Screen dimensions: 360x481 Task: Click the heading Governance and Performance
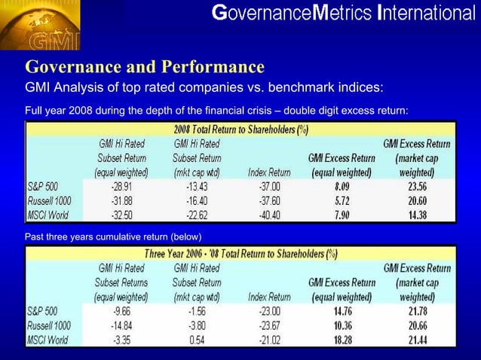point(145,66)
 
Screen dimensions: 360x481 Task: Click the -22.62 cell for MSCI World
point(197,215)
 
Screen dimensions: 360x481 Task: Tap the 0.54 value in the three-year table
point(197,339)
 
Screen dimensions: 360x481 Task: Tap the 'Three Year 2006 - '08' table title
point(240,253)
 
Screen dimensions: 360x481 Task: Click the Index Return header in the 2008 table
point(269,172)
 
